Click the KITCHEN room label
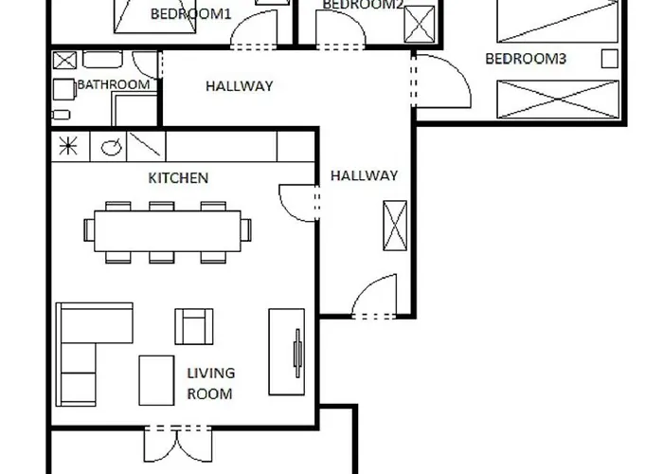[x=178, y=178]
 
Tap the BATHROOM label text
[x=114, y=84]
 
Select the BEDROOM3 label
[x=525, y=59]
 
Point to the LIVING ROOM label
[x=210, y=383]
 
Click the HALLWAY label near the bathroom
[x=240, y=86]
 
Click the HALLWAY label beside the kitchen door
[x=364, y=175]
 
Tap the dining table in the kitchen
[x=168, y=231]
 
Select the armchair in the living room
[x=194, y=326]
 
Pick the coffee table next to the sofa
[x=156, y=380]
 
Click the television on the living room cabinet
[x=298, y=353]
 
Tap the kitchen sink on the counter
[x=111, y=147]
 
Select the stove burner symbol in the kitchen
[x=68, y=146]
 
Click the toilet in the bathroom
[x=61, y=115]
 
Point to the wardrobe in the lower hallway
[x=395, y=226]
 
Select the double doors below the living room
[x=178, y=445]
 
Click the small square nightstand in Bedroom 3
[x=609, y=59]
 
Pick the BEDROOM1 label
[x=190, y=14]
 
